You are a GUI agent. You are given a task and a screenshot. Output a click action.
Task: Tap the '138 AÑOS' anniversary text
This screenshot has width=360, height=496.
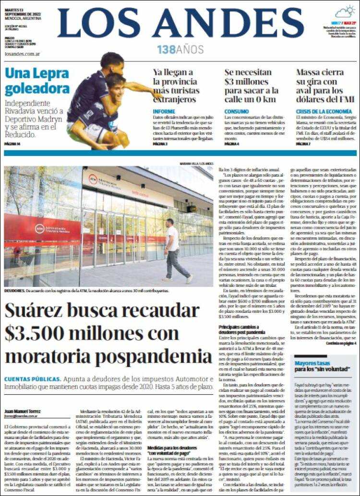180,49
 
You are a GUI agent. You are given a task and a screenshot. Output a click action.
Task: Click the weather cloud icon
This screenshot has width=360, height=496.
345,12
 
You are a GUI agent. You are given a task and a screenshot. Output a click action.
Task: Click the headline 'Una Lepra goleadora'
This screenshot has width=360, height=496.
37,81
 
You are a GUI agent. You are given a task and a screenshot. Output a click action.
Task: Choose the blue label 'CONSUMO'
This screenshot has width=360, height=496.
236,111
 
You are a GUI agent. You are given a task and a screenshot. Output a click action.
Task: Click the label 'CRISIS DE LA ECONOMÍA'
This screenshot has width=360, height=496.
324,111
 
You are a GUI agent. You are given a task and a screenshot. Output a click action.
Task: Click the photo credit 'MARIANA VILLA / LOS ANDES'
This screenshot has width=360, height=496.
196,164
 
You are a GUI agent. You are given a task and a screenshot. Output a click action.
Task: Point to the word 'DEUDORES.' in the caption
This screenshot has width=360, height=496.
15,291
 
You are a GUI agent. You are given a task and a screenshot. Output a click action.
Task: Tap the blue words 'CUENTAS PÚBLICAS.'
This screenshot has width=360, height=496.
33,379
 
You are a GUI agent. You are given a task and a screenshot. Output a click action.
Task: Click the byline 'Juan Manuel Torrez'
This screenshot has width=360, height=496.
23,411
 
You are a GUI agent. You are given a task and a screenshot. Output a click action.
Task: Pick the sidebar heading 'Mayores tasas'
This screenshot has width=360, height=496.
312,363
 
